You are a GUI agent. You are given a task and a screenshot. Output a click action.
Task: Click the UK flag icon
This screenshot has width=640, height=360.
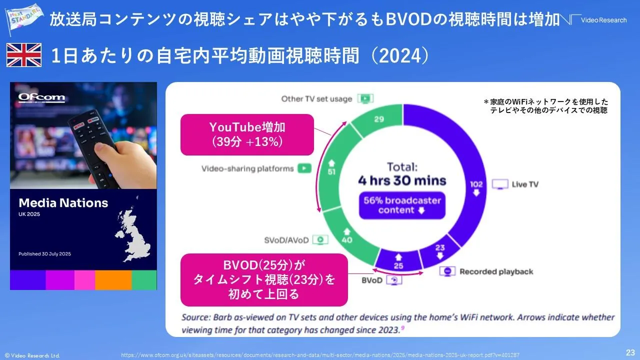tap(23, 55)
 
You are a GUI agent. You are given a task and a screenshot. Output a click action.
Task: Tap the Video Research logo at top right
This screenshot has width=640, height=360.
tap(598, 20)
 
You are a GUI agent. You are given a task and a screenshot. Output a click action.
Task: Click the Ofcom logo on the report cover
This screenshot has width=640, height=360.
tap(41, 97)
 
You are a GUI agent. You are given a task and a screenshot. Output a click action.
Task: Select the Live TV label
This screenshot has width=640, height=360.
tap(525, 184)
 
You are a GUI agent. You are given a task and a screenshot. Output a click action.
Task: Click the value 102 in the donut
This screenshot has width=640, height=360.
tap(476, 184)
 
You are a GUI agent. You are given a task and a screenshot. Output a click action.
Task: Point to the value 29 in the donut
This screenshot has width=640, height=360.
tap(379, 118)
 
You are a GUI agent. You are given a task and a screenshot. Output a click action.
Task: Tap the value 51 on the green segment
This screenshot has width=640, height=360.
tap(331, 171)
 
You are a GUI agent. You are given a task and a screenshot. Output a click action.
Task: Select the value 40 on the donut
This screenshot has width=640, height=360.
tap(347, 239)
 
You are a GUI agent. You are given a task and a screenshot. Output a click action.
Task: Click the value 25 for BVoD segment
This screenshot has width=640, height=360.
tap(398, 265)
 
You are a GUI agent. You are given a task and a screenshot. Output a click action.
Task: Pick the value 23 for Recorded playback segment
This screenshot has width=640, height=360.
tap(439, 247)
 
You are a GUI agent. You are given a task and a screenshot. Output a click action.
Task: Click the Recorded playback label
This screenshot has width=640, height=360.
tap(496, 271)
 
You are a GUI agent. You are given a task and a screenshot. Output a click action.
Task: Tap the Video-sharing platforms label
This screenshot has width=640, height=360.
tap(247, 168)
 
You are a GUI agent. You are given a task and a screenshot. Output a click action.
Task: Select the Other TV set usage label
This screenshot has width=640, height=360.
tap(316, 98)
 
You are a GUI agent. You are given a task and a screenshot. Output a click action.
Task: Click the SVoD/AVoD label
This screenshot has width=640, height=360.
tap(286, 240)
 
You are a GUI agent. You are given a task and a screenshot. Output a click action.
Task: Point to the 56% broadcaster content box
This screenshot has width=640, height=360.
tap(402, 205)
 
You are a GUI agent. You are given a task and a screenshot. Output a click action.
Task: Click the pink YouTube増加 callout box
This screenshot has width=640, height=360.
tap(247, 134)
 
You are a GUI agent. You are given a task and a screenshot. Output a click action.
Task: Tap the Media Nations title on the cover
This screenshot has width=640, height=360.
tap(63, 203)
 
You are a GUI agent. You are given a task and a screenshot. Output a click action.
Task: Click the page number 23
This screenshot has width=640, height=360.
tap(630, 352)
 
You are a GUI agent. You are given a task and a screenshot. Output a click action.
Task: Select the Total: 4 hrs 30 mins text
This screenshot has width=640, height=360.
tap(402, 174)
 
